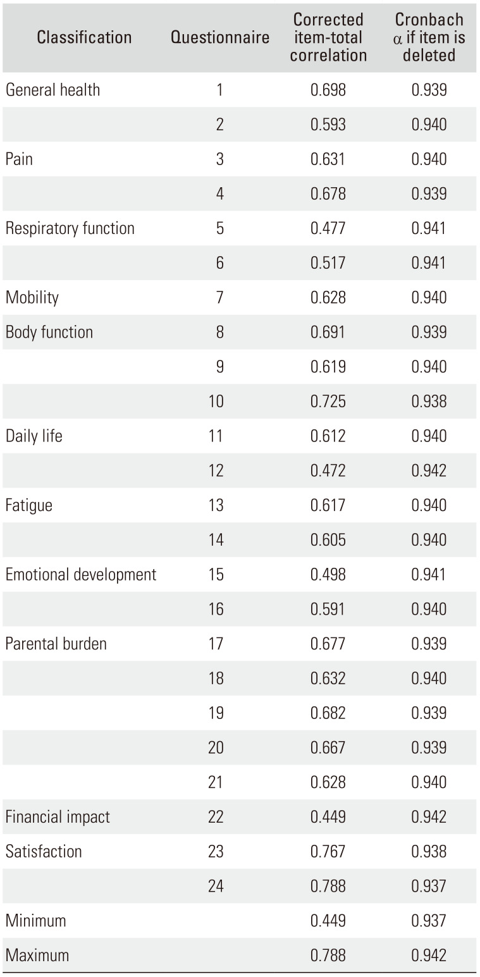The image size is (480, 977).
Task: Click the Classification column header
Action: (x=84, y=37)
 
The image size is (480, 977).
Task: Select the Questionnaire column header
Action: (x=220, y=37)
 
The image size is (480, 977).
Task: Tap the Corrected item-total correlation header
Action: (x=328, y=37)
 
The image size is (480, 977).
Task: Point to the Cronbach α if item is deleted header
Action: (x=429, y=37)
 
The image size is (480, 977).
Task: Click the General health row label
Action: (x=52, y=90)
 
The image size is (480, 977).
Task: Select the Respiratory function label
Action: (x=70, y=228)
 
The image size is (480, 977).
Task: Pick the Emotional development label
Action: (x=81, y=574)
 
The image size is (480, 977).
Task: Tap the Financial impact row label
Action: (x=58, y=816)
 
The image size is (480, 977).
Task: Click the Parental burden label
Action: (x=56, y=644)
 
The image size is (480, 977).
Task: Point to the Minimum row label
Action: (x=36, y=920)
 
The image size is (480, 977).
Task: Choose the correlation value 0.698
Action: (x=328, y=90)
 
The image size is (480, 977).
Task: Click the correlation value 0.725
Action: (x=328, y=402)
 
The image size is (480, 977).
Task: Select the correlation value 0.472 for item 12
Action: (x=328, y=470)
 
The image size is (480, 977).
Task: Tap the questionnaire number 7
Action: (x=219, y=297)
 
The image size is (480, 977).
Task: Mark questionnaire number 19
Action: (x=216, y=713)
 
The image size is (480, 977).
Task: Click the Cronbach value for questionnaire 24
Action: (x=429, y=886)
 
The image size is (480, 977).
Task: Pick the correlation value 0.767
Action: (x=328, y=851)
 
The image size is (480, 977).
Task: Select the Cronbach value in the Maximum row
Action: (x=429, y=955)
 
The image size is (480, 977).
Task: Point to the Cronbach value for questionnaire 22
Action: (x=429, y=816)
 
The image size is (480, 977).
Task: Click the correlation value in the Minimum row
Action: (x=328, y=920)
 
